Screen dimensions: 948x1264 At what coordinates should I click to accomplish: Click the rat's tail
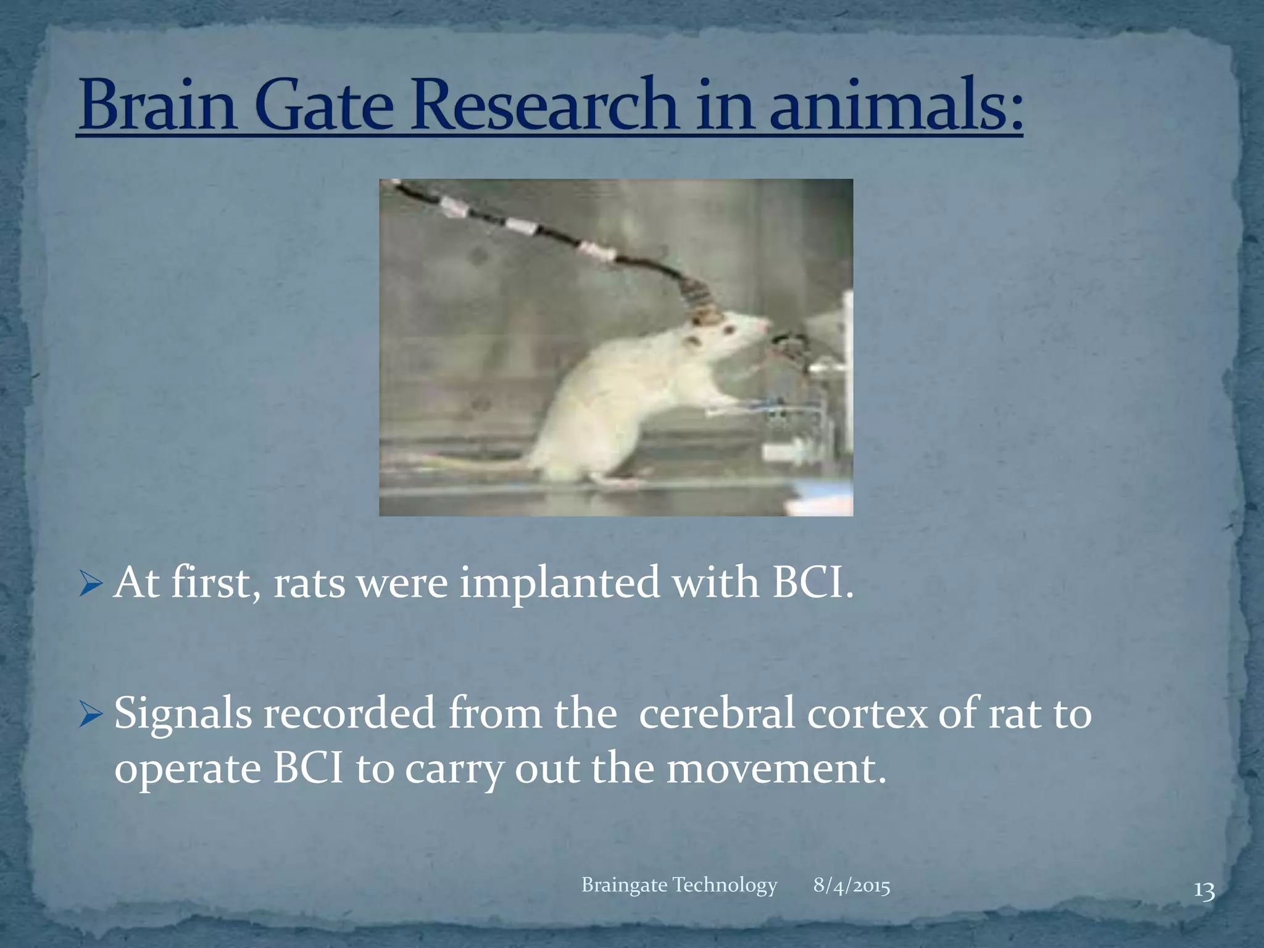tap(457, 462)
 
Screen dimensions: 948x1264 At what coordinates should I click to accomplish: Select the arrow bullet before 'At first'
tap(91, 584)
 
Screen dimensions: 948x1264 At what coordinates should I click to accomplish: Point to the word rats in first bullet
tap(309, 584)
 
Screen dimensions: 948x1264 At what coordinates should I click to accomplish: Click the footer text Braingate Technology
tap(679, 885)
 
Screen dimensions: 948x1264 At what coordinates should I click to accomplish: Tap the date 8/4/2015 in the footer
tap(851, 886)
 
